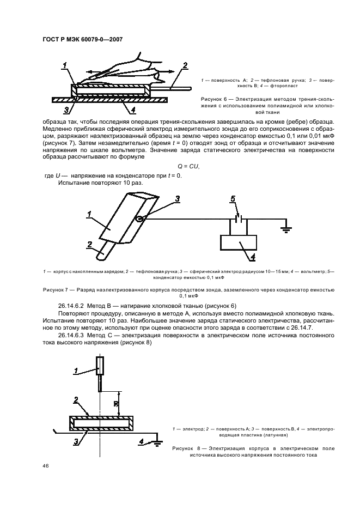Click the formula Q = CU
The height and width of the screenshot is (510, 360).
pyautogui.click(x=188, y=166)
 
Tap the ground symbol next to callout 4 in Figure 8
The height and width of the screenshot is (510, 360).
pyautogui.click(x=157, y=443)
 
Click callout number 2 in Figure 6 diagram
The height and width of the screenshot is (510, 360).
pyautogui.click(x=185, y=66)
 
